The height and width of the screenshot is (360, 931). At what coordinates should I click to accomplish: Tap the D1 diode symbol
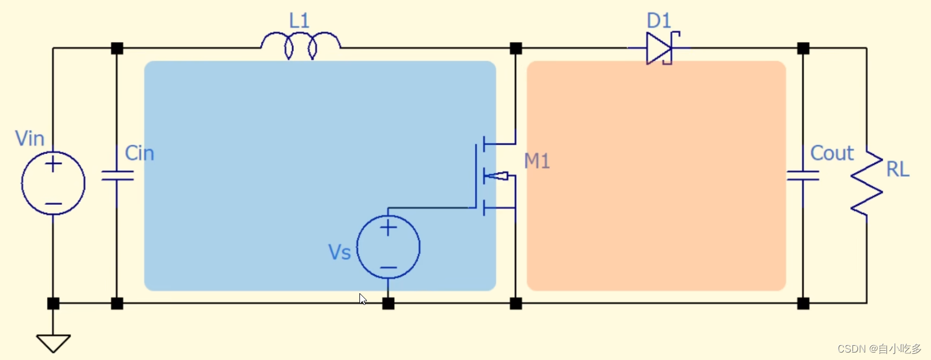coord(659,48)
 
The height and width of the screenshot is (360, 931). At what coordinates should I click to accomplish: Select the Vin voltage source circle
coord(53,182)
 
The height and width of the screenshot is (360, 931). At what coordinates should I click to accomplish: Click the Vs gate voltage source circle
coord(388,247)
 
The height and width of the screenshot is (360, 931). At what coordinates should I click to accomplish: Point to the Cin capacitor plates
coord(117,176)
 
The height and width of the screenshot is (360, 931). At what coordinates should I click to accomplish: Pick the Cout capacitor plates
coord(803,176)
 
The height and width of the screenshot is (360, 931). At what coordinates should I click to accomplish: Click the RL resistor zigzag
coord(866,184)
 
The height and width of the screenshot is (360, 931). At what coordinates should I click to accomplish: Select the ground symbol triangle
coord(53,342)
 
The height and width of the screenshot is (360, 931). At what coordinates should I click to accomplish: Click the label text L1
coord(299,21)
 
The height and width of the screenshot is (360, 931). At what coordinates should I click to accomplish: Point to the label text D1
coord(659,21)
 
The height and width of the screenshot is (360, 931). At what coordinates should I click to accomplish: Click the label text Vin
coord(30,138)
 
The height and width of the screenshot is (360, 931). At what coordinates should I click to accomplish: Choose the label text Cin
coord(139,153)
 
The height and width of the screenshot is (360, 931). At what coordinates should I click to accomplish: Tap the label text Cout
coord(832,153)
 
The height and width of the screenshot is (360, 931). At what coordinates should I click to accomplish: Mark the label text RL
coord(898,169)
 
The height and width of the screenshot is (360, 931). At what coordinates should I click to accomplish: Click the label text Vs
coord(340,252)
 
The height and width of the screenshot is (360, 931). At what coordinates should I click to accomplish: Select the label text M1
coord(537,161)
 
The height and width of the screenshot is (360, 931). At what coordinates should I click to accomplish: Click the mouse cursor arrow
coord(363,299)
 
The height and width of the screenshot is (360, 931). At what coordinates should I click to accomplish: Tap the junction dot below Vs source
coord(388,303)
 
